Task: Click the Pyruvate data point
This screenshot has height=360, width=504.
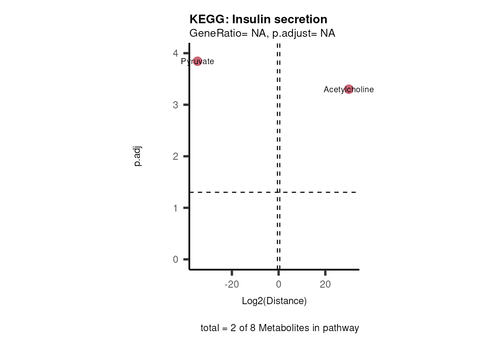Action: click(197, 61)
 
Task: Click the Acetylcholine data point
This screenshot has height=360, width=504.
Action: click(349, 89)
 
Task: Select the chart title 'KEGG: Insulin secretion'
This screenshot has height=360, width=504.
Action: click(258, 19)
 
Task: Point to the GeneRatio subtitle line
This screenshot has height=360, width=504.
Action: click(262, 33)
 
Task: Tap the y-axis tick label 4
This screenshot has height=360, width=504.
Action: click(175, 53)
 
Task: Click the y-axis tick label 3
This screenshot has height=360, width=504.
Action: click(175, 105)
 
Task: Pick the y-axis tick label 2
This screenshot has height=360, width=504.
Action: click(175, 156)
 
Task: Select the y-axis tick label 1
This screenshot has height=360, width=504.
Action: click(175, 208)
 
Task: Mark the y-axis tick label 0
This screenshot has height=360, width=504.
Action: click(175, 259)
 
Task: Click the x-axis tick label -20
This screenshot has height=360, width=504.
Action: click(232, 284)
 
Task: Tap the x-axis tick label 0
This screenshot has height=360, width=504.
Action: click(279, 284)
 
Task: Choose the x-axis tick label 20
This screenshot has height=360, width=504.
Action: click(325, 284)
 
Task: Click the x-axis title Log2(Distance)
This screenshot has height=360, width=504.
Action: click(274, 301)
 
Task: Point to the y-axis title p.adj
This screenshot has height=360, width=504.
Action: click(138, 156)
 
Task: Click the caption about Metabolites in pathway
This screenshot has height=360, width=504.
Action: click(280, 328)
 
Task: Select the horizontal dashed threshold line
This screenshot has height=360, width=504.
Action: click(232, 192)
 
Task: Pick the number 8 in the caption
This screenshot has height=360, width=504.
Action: click(253, 328)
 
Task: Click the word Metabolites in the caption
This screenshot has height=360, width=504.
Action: click(281, 328)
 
